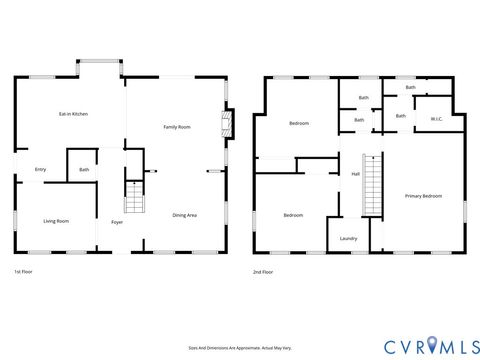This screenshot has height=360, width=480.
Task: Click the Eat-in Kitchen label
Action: point(73,115)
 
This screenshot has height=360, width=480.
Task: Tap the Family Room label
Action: point(178,127)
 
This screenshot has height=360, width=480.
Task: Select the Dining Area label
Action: point(184,215)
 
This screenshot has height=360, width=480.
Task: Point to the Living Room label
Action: point(55,221)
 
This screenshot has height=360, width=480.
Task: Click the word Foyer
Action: point(117,222)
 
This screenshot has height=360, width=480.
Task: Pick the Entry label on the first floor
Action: point(41,169)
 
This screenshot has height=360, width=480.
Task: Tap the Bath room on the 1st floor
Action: point(84,170)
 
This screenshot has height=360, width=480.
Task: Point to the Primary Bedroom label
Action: point(423,196)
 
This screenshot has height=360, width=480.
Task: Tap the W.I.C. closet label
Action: point(436,119)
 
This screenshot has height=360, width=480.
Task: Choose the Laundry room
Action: point(348,238)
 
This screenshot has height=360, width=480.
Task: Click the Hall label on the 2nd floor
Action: point(355,175)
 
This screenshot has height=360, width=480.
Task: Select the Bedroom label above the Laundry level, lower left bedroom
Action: point(292,215)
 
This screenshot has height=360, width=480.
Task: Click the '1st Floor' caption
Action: point(24,272)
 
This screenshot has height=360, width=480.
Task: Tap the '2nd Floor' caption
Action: point(264,272)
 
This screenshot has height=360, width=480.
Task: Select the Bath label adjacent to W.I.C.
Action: point(400,116)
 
